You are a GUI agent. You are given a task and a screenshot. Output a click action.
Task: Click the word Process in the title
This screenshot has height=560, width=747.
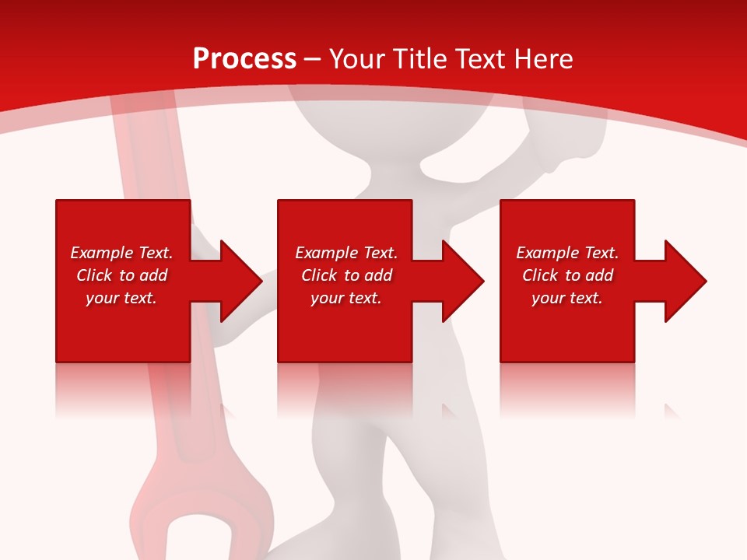tap(244, 59)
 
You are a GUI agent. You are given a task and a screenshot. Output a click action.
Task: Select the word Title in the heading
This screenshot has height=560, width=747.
tap(418, 59)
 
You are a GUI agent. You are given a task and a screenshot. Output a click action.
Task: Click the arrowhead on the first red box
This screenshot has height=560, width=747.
tap(237, 281)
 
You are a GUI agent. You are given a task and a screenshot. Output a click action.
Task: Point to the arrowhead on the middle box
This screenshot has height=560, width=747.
tap(460, 281)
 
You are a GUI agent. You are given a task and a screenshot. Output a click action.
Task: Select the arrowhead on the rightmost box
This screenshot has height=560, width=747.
tap(682, 281)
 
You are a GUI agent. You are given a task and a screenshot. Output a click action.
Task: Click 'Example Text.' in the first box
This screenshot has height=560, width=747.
tap(121, 253)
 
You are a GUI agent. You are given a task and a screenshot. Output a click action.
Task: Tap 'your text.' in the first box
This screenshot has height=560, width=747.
tap(121, 298)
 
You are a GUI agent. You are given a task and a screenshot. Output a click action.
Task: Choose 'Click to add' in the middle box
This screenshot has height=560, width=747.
tap(346, 275)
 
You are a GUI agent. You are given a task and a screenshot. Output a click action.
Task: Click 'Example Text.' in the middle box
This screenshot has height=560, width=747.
tap(346, 253)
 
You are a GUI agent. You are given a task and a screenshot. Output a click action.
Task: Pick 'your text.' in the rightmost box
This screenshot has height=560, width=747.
tap(567, 298)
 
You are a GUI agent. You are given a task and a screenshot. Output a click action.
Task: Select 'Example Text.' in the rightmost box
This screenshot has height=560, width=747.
tap(567, 253)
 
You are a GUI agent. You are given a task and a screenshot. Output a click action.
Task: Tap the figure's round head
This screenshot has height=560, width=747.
tap(389, 117)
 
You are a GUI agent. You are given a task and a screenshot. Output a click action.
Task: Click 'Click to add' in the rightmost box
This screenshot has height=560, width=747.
tap(567, 275)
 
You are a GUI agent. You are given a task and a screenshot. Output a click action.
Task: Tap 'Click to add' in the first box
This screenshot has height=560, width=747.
tap(121, 275)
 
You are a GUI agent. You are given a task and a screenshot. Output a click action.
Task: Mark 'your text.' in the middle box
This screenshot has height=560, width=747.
tap(346, 298)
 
